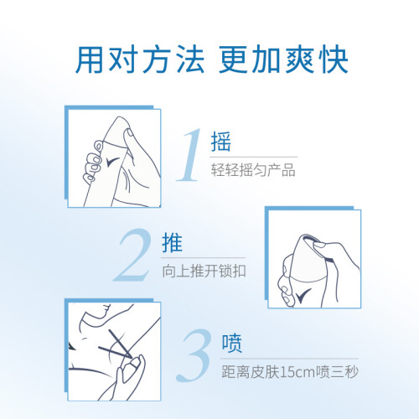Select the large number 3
tap(194, 355)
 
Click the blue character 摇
tap(221, 142)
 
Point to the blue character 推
tap(172, 242)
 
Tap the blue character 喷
tap(232, 343)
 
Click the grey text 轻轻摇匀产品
tap(253, 170)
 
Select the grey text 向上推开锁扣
tap(204, 271)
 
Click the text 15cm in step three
tap(297, 372)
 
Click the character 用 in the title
tap(90, 59)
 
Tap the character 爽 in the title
tap(300, 59)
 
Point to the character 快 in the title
tap(334, 59)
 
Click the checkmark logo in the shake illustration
tap(113, 162)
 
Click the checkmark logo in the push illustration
tap(303, 295)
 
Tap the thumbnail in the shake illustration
tap(129, 133)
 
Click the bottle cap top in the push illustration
tap(308, 238)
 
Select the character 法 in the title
tap(191, 59)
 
